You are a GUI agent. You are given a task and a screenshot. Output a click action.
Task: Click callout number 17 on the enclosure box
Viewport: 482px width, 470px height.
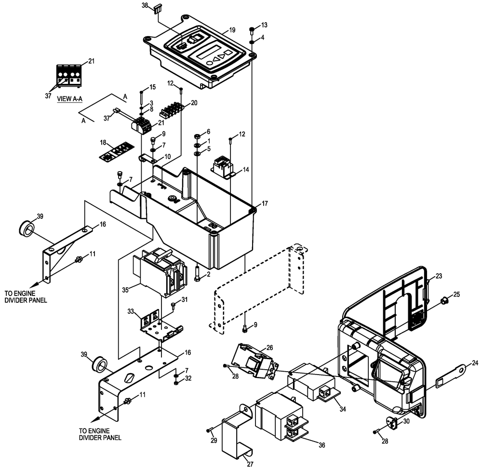coord(265,204)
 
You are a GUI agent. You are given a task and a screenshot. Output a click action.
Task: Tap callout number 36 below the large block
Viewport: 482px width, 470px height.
coord(321,445)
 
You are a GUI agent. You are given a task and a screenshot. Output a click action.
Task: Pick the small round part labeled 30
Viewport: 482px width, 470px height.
coord(393,423)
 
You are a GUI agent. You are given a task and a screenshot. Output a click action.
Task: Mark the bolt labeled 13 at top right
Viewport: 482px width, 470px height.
coord(252,30)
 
